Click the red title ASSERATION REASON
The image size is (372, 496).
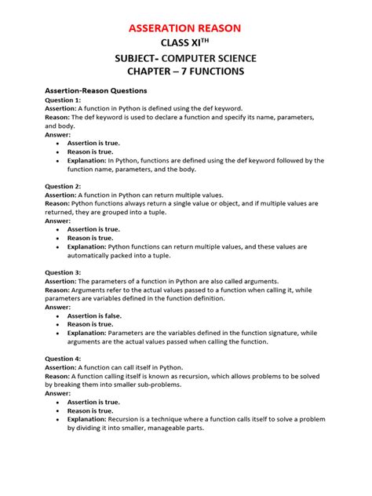click(185, 28)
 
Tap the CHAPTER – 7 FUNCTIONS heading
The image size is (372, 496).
click(185, 72)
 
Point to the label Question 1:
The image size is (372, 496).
click(63, 100)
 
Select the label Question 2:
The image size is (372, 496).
click(63, 185)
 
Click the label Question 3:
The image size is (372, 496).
click(63, 272)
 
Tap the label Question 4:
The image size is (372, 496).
click(63, 358)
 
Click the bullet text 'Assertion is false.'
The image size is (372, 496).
click(94, 315)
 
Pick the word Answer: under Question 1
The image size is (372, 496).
click(58, 134)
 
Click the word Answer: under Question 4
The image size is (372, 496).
click(58, 393)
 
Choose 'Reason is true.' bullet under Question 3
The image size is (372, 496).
click(90, 324)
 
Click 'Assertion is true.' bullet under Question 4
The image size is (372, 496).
click(94, 402)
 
